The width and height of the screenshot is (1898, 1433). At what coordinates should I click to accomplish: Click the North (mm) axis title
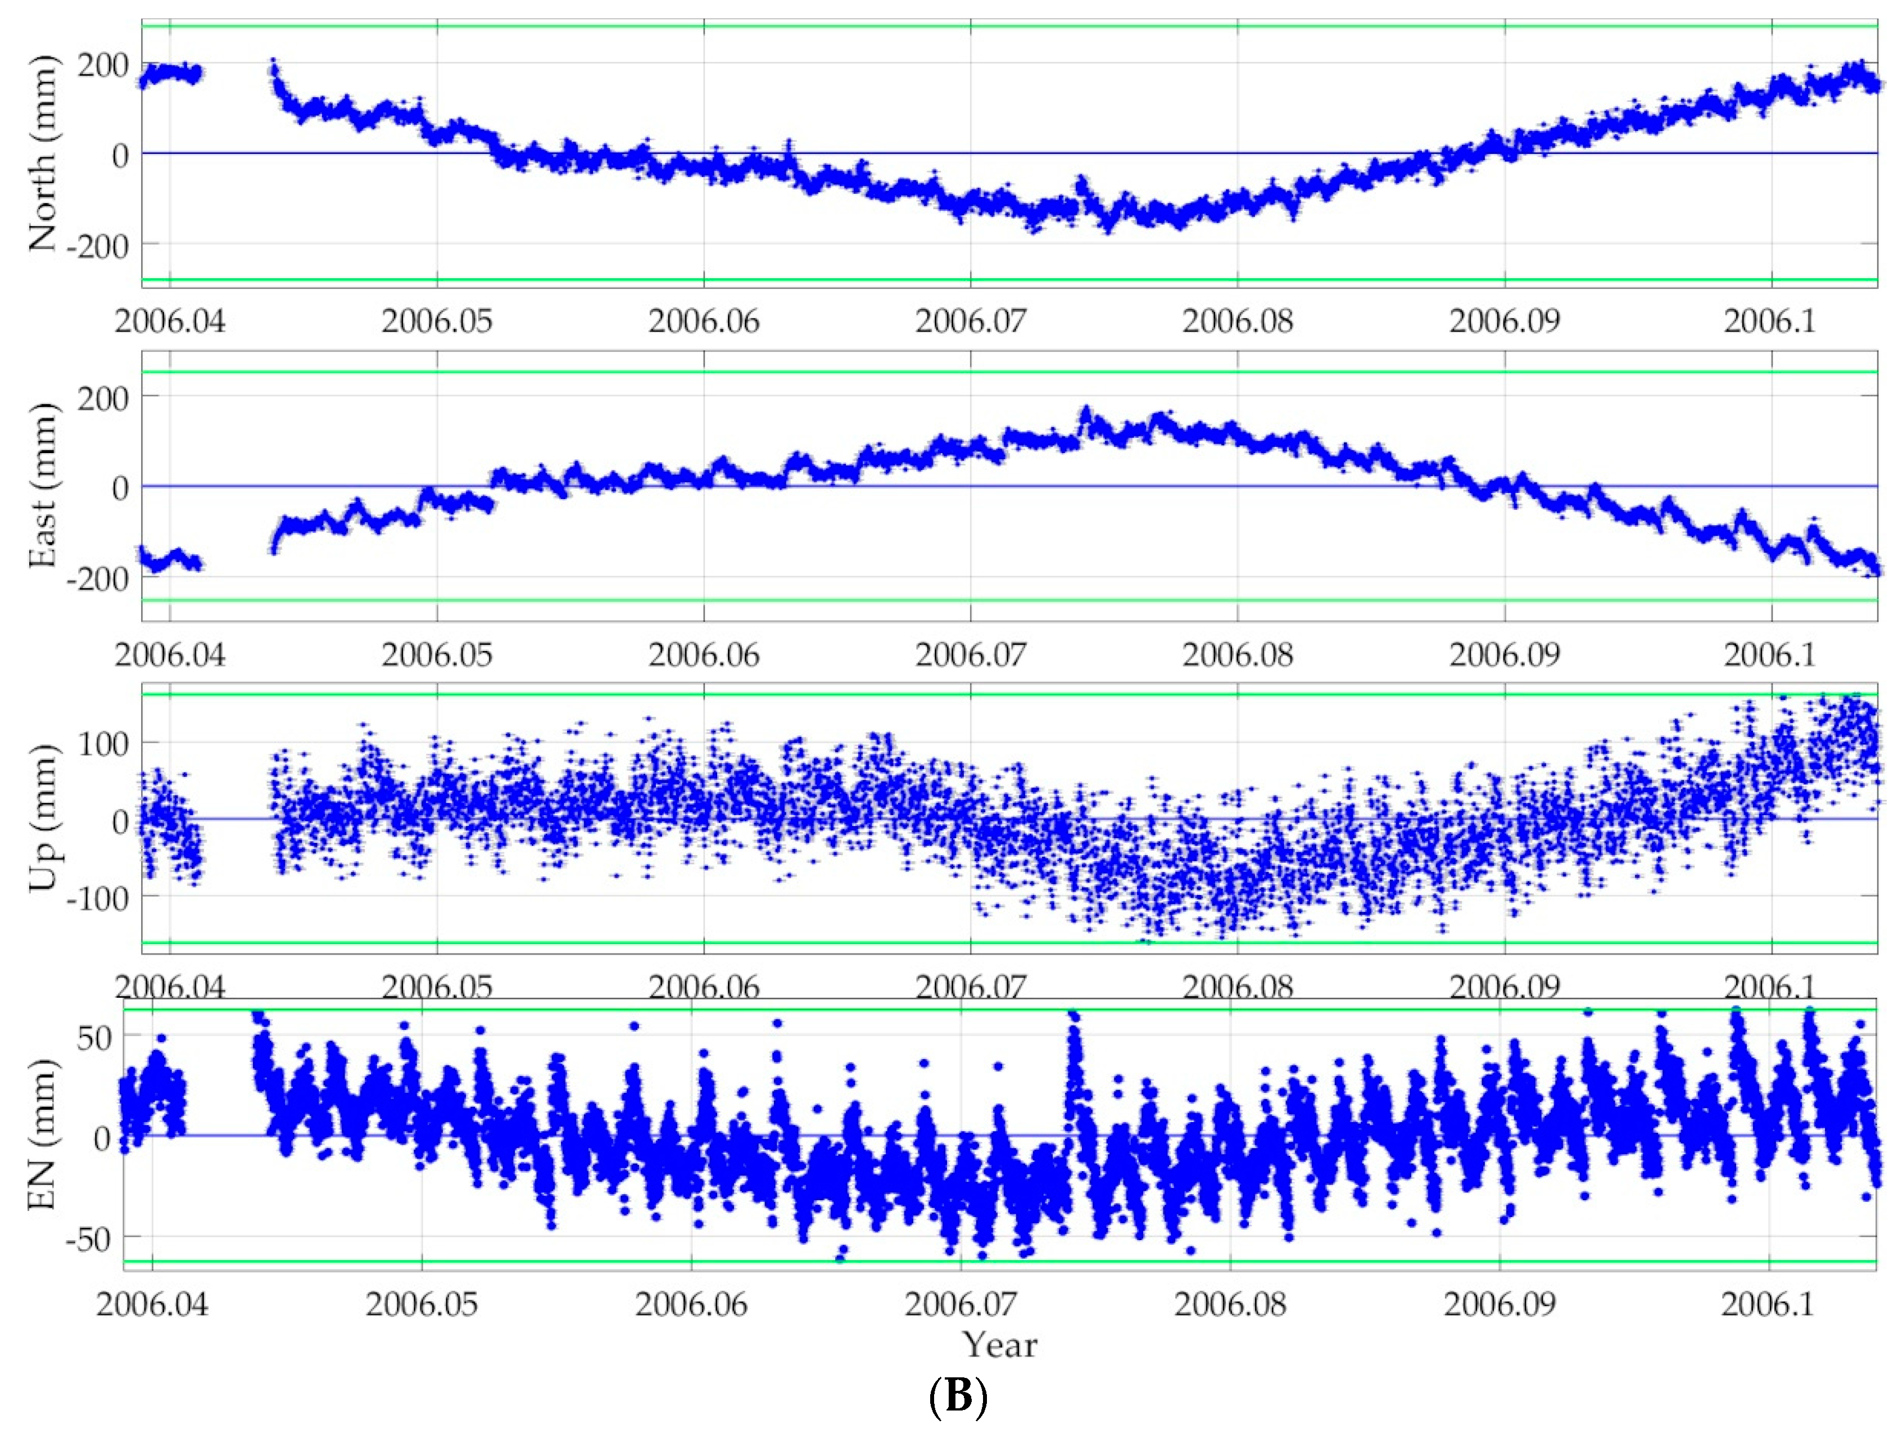pos(41,155)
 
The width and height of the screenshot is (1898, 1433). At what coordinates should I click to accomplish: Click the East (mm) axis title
pos(41,486)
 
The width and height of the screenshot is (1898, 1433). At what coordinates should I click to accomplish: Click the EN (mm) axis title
pos(41,1134)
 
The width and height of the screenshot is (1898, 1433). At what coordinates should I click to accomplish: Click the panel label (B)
pos(958,1397)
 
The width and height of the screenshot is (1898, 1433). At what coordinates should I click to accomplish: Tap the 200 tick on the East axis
pos(103,397)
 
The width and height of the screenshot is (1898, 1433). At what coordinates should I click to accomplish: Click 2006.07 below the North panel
pos(971,322)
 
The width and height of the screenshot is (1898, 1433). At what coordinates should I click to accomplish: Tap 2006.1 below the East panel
pos(1769,655)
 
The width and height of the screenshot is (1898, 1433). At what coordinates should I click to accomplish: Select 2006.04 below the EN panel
pos(152,1304)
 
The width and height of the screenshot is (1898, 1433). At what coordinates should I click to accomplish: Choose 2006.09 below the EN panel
pos(1500,1304)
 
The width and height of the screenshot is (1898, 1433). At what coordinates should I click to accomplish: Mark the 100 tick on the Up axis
pos(103,743)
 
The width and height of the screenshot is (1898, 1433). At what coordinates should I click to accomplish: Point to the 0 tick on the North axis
pos(120,155)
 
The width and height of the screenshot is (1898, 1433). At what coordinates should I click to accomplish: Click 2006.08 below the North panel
pos(1237,322)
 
